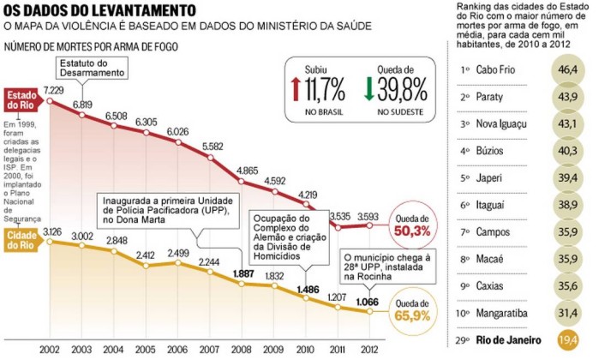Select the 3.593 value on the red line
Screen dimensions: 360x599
tap(369, 216)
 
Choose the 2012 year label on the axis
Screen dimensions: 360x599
tap(369, 351)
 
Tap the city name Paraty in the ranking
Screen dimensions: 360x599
tap(491, 99)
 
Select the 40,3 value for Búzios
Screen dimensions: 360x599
tap(567, 152)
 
